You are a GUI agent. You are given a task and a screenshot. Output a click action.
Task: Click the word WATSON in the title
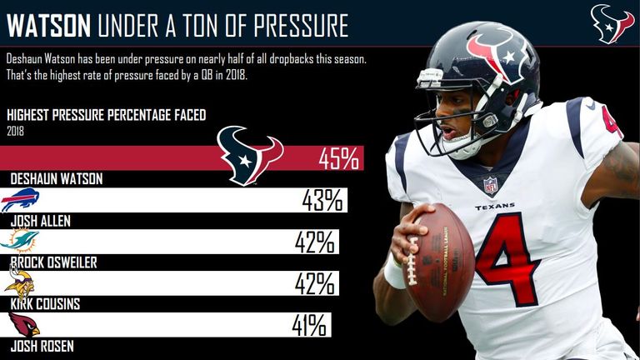[48, 26]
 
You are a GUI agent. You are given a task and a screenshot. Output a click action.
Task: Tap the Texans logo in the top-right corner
[612, 23]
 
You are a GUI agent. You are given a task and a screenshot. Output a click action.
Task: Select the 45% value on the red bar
[337, 157]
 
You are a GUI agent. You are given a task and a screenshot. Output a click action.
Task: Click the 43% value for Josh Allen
[322, 200]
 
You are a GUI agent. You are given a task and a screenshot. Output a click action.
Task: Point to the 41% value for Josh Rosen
[308, 325]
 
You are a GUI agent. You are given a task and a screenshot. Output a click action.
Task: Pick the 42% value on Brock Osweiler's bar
[314, 242]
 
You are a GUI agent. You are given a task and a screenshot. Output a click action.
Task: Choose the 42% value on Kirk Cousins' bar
[314, 283]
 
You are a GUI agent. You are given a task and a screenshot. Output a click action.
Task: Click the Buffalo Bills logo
[21, 200]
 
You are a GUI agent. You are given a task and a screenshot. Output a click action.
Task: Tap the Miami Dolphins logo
[20, 240]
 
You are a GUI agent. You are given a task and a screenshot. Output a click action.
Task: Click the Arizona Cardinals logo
[22, 324]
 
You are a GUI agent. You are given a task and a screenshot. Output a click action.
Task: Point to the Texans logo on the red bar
[249, 156]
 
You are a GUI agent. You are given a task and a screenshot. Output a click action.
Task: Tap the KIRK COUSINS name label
[45, 304]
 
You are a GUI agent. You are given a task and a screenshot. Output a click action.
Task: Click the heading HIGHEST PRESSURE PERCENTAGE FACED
[106, 115]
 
